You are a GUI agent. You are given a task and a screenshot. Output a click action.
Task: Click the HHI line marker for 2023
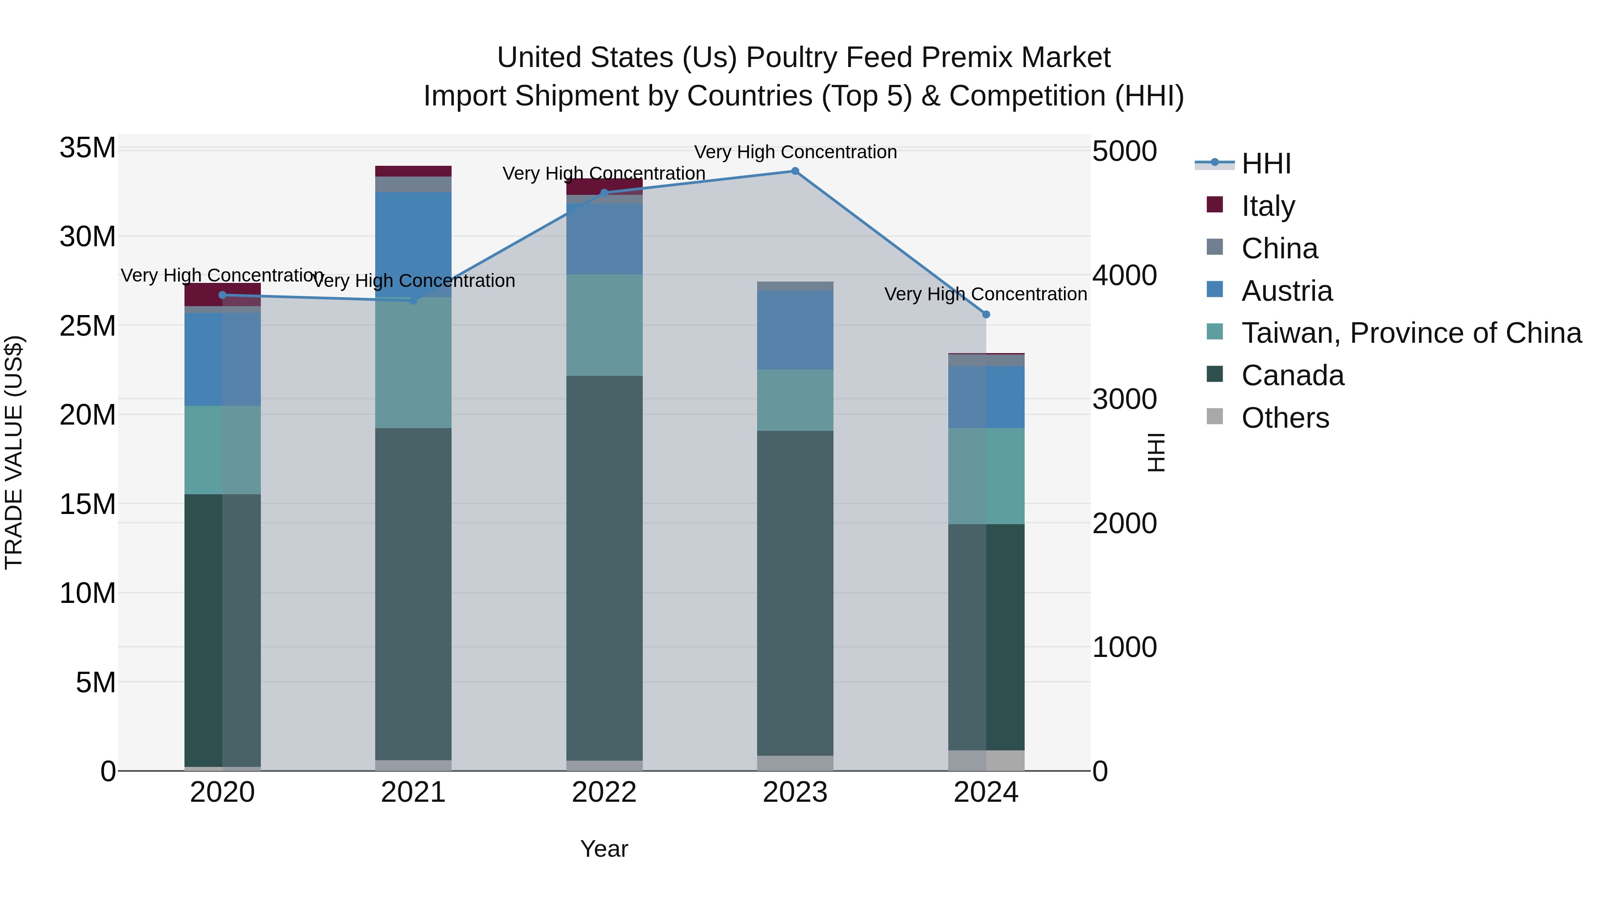795,171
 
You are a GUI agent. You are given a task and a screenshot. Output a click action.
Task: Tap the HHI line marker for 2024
986,315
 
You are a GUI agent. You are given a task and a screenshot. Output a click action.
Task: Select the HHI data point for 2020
222,295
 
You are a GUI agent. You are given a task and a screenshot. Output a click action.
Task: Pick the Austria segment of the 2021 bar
413,244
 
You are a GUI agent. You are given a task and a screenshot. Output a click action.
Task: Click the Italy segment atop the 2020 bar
222,294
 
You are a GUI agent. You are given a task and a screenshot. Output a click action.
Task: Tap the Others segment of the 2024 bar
986,760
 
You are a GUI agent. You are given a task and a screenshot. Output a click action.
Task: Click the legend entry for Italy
1267,206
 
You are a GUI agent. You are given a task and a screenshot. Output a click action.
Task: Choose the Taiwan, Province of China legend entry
1411,333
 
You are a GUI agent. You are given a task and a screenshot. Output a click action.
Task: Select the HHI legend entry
1265,164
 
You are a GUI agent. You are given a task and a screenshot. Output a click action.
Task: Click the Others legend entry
1285,418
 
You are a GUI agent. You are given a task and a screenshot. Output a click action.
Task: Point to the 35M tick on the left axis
88,149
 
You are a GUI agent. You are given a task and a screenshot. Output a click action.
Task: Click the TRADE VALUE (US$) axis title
14,452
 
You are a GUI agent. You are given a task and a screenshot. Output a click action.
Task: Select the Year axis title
603,849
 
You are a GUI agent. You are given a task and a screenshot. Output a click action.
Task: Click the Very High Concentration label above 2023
795,152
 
